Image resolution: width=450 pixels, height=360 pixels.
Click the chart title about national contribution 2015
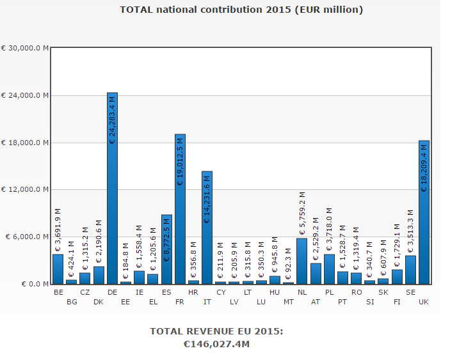click(241, 10)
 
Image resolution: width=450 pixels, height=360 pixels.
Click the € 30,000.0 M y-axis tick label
click(25, 49)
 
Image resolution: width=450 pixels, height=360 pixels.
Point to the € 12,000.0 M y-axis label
click(25, 190)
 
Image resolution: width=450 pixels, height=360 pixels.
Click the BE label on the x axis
click(59, 292)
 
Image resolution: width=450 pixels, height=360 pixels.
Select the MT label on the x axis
click(288, 302)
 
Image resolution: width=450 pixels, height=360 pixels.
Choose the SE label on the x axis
click(410, 292)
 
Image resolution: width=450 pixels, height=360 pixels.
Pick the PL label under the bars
click(329, 292)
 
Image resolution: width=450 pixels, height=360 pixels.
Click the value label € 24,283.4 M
click(113, 119)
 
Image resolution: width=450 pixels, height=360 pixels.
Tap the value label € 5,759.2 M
click(302, 210)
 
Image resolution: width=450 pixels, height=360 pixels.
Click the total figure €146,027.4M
click(216, 344)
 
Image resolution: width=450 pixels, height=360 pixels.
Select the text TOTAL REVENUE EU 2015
click(216, 331)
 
